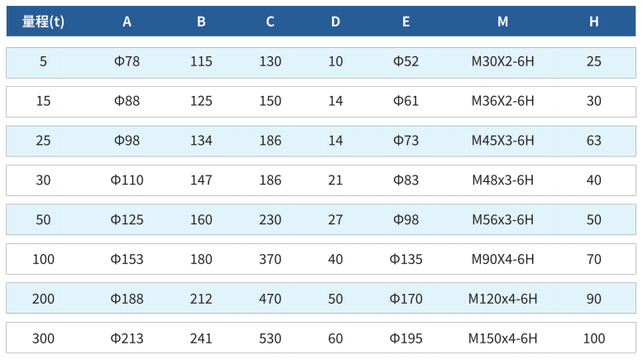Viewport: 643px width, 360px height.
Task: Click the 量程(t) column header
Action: tap(43, 22)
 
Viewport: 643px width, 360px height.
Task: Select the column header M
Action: tap(503, 22)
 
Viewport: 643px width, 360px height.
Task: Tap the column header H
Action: tap(594, 22)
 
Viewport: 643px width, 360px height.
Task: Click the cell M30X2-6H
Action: tap(503, 61)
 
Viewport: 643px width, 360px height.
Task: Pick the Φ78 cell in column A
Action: tap(127, 61)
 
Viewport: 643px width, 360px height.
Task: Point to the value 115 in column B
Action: tap(201, 61)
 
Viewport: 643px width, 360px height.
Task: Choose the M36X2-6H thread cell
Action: tap(503, 101)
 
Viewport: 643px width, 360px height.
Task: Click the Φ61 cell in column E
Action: tap(406, 101)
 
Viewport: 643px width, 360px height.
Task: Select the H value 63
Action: tap(594, 141)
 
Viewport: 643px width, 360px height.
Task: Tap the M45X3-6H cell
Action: tap(503, 141)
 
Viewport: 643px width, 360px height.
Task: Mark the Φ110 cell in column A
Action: tap(127, 180)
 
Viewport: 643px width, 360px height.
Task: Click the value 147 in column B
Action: tap(201, 180)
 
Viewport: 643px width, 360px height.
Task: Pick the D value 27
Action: tap(335, 220)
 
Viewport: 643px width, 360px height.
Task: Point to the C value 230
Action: tap(271, 220)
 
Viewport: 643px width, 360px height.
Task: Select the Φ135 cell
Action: tap(406, 259)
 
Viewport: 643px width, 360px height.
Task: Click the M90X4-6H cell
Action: tap(503, 259)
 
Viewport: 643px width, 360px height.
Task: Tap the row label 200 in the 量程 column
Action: tap(43, 299)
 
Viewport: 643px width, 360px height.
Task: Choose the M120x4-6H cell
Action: tap(503, 299)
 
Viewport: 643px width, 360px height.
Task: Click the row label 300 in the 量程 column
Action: tap(43, 338)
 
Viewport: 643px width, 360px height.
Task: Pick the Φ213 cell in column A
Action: tap(127, 338)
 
